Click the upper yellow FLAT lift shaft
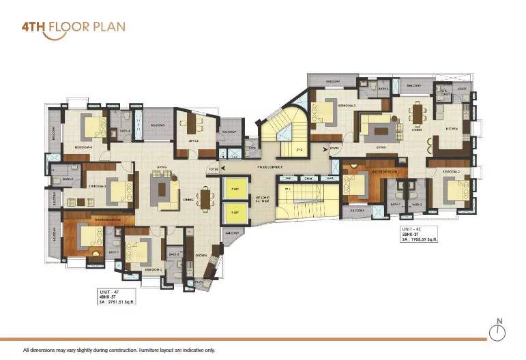235,189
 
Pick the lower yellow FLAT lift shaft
235,213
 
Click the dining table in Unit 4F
204,198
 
